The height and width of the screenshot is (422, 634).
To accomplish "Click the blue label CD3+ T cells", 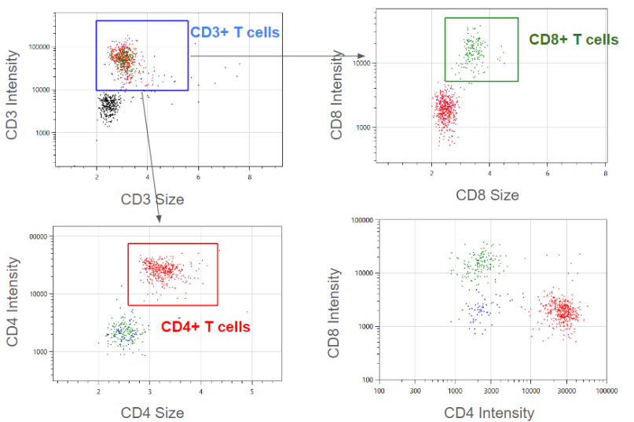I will click(235, 32).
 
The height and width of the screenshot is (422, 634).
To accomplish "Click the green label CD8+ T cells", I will click(574, 39).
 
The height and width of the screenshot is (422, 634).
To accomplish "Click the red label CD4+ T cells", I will click(205, 327).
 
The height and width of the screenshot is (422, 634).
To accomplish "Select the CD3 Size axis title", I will click(152, 199).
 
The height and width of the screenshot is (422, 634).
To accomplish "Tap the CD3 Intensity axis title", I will click(13, 95).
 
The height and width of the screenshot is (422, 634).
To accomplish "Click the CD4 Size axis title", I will click(152, 412).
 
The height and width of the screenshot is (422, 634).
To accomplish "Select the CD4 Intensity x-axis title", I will click(489, 412).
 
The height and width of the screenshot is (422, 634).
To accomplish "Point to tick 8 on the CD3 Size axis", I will click(250, 179).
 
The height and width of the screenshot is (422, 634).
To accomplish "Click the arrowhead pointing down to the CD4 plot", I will click(160, 219).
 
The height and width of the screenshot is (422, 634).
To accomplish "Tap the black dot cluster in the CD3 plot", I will click(111, 105).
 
